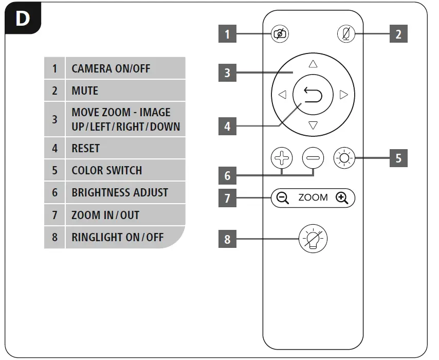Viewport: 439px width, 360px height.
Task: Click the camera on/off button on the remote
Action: click(280, 34)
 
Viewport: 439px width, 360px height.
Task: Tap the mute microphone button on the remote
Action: click(346, 34)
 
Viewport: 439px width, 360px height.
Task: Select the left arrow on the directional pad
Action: click(282, 95)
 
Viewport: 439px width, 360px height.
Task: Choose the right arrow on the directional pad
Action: click(344, 95)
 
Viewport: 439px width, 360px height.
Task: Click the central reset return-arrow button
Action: click(313, 95)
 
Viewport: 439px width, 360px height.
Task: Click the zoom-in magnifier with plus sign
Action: click(342, 197)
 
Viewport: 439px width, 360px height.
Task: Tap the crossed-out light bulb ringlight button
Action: click(313, 239)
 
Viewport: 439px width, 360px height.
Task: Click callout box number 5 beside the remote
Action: click(398, 158)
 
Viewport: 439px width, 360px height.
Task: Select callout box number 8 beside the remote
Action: click(228, 240)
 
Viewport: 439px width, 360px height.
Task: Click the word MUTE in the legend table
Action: click(85, 91)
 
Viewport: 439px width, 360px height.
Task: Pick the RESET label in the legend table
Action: click(86, 148)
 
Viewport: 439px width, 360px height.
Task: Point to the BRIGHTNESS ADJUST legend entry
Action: click(120, 192)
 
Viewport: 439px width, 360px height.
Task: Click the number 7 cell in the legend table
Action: click(54, 215)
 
